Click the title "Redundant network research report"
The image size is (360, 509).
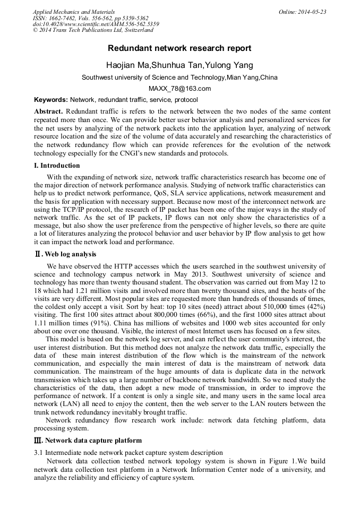tap(179, 48)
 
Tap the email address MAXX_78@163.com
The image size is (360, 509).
tap(179, 89)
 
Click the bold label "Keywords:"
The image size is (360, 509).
tap(51, 99)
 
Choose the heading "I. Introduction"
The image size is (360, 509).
tap(57, 166)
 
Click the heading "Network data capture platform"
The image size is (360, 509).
tap(93, 440)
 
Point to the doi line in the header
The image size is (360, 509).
tap(96, 24)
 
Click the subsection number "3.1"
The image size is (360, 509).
tap(38, 453)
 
